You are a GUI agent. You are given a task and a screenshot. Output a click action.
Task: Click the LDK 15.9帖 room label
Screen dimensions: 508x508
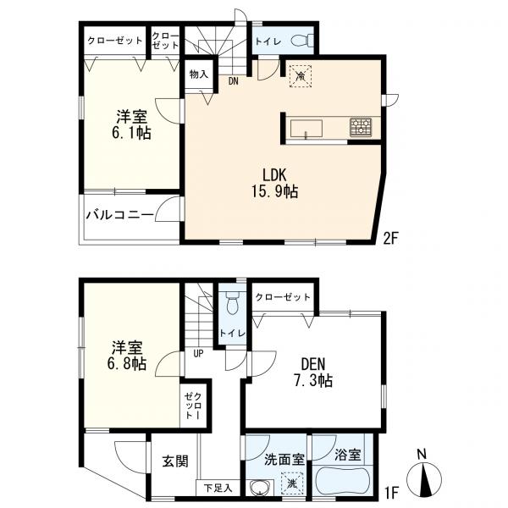pos(274,183)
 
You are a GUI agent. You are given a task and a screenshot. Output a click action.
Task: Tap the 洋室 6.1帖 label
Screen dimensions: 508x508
pos(131,124)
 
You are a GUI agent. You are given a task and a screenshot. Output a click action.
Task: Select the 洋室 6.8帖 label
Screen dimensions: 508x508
pos(127,356)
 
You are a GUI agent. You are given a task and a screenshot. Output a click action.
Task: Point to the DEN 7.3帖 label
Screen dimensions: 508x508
pos(313,373)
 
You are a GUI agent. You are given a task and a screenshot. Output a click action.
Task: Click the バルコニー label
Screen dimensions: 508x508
pos(119,215)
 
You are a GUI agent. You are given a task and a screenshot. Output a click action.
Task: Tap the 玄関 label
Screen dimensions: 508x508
pos(175,461)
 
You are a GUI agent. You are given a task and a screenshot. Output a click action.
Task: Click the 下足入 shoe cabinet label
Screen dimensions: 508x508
pos(218,488)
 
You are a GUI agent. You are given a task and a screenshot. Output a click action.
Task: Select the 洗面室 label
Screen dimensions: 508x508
pos(284,460)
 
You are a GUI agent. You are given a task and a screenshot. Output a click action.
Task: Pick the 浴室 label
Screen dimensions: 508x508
pos(347,455)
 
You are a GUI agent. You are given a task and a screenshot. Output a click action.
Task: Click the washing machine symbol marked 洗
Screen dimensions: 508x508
pos(292,483)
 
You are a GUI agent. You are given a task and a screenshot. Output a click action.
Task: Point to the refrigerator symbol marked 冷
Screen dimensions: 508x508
pos(301,76)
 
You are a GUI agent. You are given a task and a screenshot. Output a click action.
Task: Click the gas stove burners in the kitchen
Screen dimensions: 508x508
pos(361,127)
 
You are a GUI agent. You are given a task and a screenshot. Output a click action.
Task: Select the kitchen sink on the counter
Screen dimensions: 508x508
pos(306,129)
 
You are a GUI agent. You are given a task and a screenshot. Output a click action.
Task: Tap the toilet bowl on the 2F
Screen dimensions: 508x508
pos(302,41)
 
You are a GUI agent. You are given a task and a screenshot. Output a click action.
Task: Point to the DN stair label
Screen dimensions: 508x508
pos(234,81)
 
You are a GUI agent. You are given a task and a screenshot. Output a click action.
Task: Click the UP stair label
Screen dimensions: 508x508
pos(198,354)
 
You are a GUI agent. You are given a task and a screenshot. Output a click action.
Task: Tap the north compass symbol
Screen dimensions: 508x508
pos(424,478)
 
